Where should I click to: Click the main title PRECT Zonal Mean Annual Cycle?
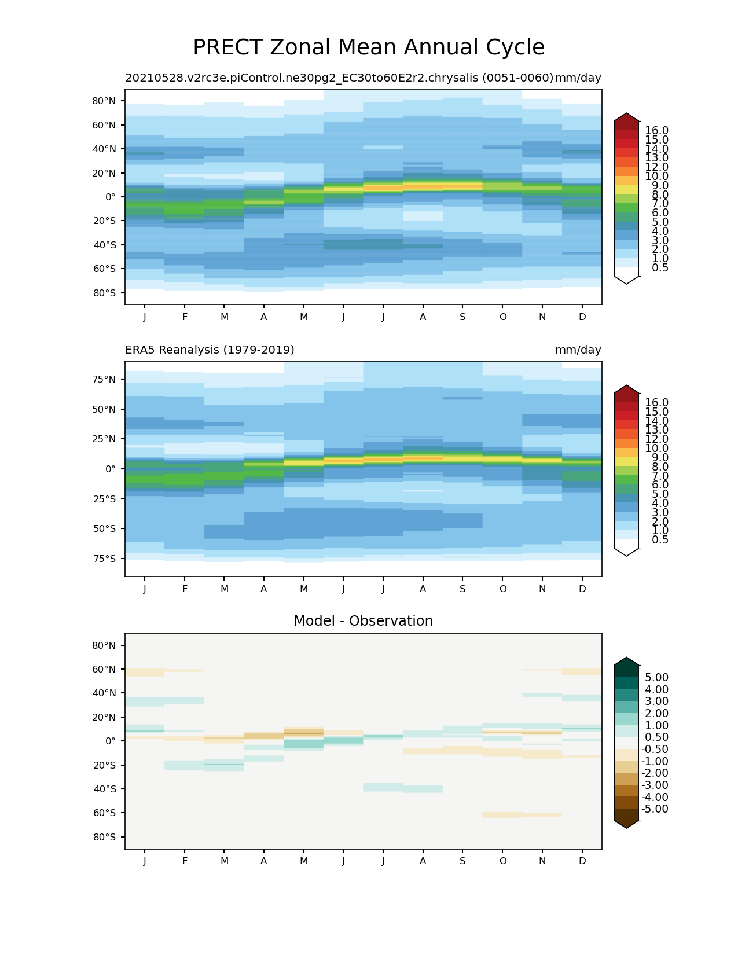point(369,47)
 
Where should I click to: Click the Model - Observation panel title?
point(363,621)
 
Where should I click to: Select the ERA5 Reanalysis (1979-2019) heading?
point(210,350)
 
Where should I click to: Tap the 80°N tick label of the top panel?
point(104,101)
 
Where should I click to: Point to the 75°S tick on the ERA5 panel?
point(104,559)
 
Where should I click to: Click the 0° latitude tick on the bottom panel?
point(110,741)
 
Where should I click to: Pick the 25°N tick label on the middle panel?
point(104,439)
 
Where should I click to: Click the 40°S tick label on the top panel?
point(104,245)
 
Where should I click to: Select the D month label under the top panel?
point(582,317)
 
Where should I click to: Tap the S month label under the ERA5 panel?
point(462,589)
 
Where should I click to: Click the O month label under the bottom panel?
point(503,861)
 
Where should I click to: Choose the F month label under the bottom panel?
point(185,861)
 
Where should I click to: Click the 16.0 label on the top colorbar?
point(656,131)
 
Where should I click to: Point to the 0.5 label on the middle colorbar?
point(656,540)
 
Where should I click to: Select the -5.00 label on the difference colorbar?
point(655,809)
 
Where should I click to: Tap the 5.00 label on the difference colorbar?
point(656,678)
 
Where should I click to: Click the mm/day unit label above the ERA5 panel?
point(578,350)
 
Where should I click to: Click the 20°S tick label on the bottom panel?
point(104,765)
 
